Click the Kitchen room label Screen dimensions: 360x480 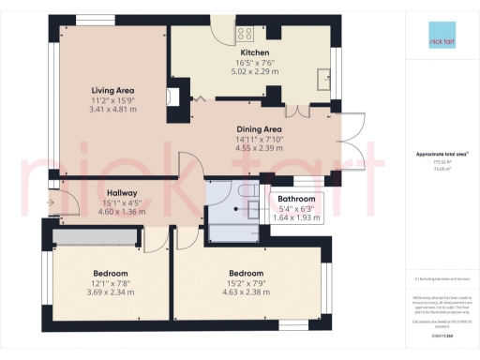(x=255, y=52)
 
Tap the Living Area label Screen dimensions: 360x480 (x=112, y=90)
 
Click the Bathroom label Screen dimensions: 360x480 (x=295, y=199)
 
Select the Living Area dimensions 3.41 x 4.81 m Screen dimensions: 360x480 (x=112, y=109)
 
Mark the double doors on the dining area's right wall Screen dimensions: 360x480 (x=352, y=141)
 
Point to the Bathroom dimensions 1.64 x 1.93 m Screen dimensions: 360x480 (x=295, y=217)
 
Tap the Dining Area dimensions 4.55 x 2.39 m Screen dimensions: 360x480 (x=259, y=147)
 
